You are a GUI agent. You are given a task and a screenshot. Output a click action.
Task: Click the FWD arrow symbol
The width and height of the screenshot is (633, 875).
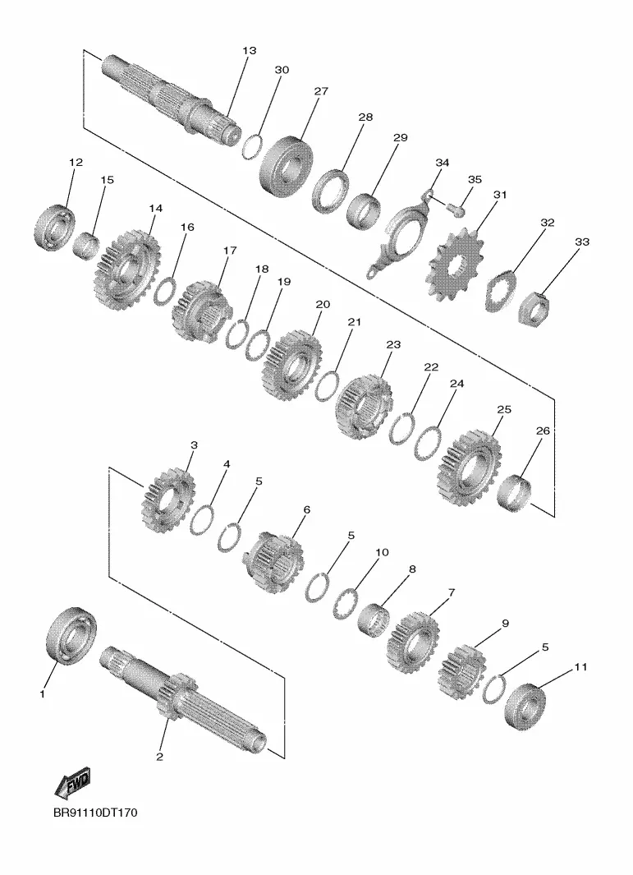coord(72,783)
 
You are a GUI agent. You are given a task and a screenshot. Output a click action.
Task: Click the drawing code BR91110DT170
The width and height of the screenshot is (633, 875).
coord(95,813)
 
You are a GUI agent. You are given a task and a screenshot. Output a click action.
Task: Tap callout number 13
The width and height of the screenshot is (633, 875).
coord(250,51)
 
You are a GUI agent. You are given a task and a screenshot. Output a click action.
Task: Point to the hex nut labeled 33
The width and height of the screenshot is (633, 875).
coord(534,310)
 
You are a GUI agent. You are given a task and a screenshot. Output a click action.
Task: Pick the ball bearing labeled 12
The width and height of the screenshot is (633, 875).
coord(54,227)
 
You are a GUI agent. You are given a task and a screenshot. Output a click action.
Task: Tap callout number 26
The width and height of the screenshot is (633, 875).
coord(543,431)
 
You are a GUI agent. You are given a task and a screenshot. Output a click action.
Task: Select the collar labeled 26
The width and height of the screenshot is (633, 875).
coord(514,493)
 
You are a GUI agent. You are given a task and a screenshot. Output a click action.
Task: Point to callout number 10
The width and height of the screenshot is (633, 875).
coord(382,552)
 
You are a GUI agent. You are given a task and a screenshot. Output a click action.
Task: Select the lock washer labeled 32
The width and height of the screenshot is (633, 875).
coord(502,290)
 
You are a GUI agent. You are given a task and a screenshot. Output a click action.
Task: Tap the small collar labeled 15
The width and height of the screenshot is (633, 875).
coord(86,246)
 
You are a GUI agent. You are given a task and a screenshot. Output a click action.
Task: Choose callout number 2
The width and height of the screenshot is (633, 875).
coord(159,757)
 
